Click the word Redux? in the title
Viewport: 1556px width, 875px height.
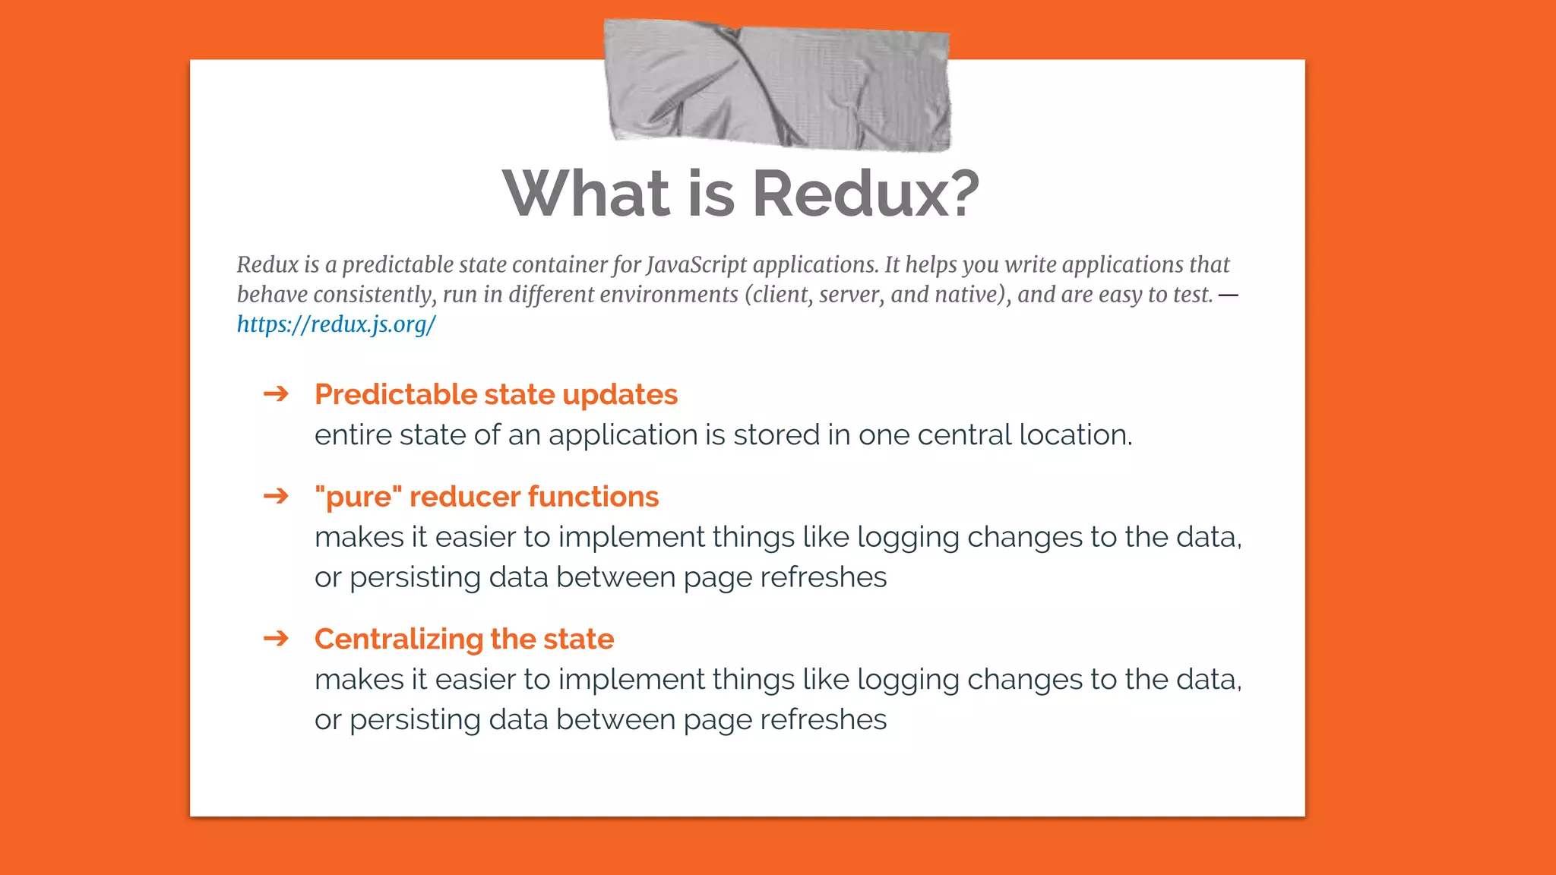point(865,194)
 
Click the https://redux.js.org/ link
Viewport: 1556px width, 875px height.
point(336,324)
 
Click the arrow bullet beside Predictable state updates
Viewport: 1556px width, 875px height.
point(276,393)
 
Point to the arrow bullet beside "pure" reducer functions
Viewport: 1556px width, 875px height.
point(276,496)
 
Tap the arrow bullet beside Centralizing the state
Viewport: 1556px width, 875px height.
point(276,638)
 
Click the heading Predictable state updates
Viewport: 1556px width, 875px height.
point(495,395)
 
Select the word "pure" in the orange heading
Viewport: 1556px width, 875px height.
point(358,497)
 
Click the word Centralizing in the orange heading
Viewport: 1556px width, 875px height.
point(398,640)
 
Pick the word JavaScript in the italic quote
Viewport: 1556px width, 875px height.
point(697,265)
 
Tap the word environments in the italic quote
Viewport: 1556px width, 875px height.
point(669,295)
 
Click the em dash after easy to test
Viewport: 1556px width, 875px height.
point(1228,295)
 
